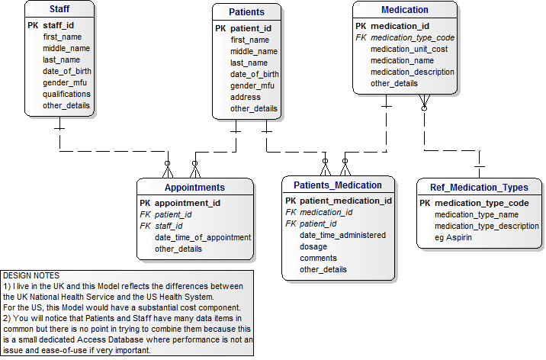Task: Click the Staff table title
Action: [x=59, y=10]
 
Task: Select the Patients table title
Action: [x=246, y=12]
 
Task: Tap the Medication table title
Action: [x=404, y=10]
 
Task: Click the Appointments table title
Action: [x=194, y=188]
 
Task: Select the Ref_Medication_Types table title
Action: [x=479, y=188]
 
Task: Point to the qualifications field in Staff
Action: [x=66, y=94]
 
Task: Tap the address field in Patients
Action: [x=246, y=97]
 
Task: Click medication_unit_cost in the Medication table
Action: [x=409, y=49]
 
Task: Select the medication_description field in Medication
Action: [x=413, y=72]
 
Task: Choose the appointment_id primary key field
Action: [x=187, y=204]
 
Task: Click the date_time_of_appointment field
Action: [x=203, y=237]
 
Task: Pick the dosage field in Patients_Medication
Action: [x=313, y=246]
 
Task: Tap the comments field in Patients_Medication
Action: [x=318, y=258]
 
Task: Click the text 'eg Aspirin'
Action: [x=453, y=237]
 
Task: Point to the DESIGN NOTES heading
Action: [x=31, y=275]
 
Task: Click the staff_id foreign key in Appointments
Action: [x=169, y=226]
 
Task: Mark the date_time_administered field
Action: [x=342, y=235]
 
